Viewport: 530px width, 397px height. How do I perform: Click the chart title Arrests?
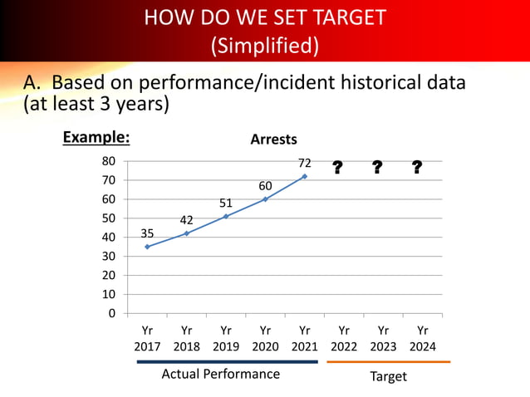tap(273, 140)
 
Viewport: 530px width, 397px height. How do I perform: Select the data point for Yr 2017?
tap(147, 247)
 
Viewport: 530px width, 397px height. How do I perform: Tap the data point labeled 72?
tap(305, 176)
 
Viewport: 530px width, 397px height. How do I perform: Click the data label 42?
tap(186, 220)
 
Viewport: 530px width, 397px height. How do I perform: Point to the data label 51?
tap(226, 203)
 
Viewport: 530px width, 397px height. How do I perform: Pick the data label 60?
tap(265, 185)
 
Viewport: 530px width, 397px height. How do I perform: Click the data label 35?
tap(147, 233)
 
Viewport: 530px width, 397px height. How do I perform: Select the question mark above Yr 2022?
tap(337, 169)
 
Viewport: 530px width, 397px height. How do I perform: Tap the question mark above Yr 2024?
tap(416, 169)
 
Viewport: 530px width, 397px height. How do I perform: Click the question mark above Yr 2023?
tap(377, 169)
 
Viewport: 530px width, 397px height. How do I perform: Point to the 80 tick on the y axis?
tap(109, 161)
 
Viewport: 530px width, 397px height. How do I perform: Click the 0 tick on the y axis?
tap(112, 314)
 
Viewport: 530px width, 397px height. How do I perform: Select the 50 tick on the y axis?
tap(109, 218)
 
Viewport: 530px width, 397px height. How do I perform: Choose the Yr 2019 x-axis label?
tap(226, 338)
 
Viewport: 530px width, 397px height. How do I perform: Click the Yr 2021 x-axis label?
tap(305, 338)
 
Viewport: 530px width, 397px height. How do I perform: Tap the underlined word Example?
tap(96, 138)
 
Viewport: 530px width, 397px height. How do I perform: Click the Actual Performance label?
tap(220, 374)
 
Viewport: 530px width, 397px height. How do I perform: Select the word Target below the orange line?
tap(388, 376)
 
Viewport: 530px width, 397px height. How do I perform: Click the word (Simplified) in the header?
tap(265, 45)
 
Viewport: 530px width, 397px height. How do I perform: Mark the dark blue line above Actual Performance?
tap(226, 362)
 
